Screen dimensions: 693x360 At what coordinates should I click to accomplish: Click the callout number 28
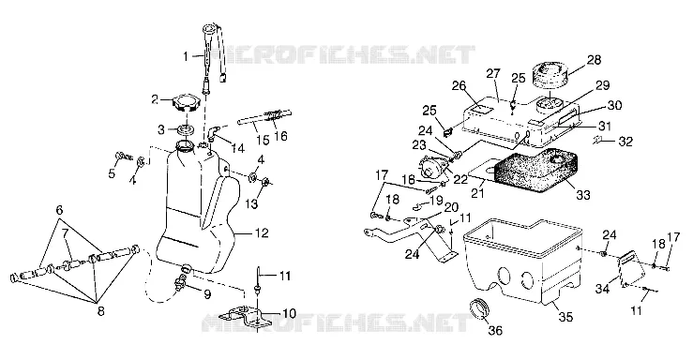[x=595, y=60]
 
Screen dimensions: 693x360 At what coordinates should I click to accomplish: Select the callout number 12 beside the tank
[x=262, y=232]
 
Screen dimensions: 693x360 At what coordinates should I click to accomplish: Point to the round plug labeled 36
[x=480, y=307]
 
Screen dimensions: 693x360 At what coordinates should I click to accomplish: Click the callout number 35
[x=566, y=316]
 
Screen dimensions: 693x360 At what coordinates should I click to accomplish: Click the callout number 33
[x=583, y=194]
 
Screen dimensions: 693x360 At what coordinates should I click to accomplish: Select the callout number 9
[x=207, y=293]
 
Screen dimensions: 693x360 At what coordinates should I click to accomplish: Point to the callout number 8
[x=100, y=311]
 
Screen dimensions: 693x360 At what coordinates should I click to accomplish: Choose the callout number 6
[x=59, y=210]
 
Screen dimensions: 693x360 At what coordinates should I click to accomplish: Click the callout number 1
[x=186, y=56]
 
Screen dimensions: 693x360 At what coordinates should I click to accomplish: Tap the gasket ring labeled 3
[x=185, y=130]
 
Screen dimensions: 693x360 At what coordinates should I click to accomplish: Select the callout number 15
[x=263, y=140]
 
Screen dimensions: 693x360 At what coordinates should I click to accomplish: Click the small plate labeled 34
[x=631, y=268]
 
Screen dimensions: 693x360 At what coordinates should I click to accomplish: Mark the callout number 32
[x=625, y=142]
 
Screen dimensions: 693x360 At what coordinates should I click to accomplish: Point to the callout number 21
[x=477, y=192]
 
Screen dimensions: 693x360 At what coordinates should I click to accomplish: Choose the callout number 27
[x=493, y=73]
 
